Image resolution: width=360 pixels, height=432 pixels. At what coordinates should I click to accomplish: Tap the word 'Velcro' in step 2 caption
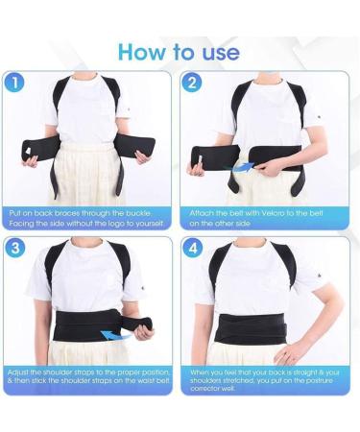click(262, 210)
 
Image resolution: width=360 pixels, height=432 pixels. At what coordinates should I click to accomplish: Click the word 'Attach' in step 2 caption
click(201, 210)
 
